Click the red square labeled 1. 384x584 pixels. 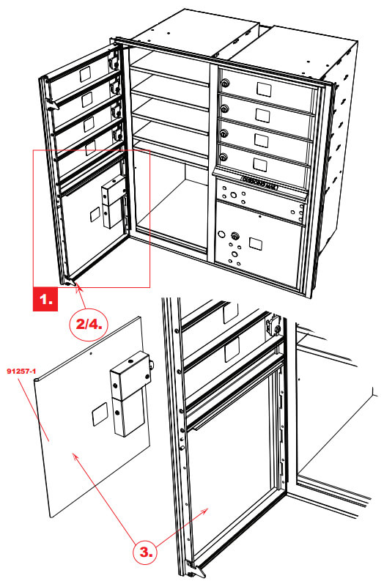[47, 299]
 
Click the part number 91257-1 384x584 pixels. [21, 372]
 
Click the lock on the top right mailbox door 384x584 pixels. [224, 84]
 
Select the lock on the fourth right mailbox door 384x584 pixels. [224, 155]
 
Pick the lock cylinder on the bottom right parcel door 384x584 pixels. [234, 236]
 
